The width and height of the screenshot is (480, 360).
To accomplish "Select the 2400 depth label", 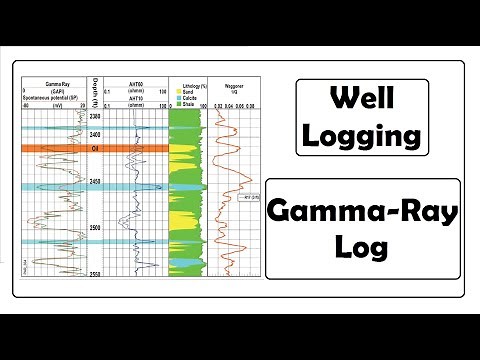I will [95, 136].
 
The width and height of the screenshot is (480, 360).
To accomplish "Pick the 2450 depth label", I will [95, 182].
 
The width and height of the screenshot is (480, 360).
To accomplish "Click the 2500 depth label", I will [95, 229].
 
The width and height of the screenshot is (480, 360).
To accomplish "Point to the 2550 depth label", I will [95, 272].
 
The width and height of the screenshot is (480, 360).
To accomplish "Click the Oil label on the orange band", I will [95, 148].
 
